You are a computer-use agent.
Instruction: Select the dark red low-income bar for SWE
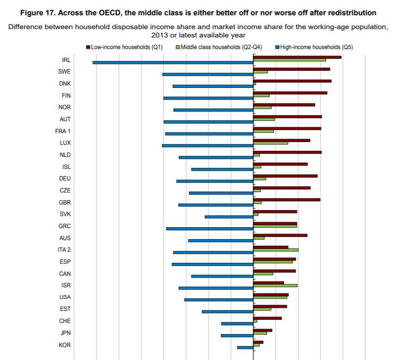click(x=291, y=69)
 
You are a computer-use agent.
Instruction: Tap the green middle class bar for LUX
click(x=270, y=143)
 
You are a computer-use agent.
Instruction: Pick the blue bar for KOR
click(x=245, y=348)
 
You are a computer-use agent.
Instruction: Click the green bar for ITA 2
click(x=276, y=249)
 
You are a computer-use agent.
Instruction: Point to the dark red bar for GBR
click(x=287, y=199)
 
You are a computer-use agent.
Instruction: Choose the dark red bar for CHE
click(x=267, y=318)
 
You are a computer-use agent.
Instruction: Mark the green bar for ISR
click(x=275, y=285)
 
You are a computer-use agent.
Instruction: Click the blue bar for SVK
click(x=229, y=217)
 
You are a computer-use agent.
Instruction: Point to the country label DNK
click(x=65, y=84)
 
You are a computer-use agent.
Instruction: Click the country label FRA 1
click(x=63, y=131)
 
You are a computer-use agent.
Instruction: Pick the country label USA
click(x=65, y=297)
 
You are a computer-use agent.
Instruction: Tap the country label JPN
click(x=65, y=333)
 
